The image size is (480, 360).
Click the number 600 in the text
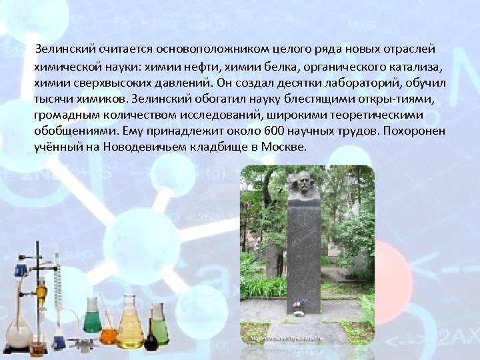[x=274, y=132]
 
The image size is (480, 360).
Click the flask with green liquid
[x=92, y=317]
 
